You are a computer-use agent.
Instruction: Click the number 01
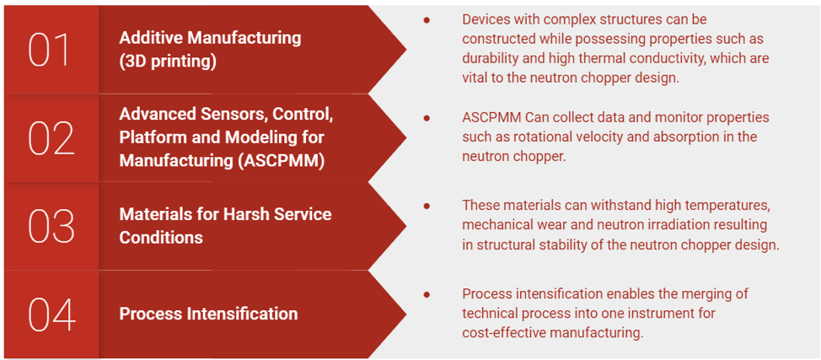tap(51, 51)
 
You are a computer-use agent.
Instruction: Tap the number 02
tap(51, 138)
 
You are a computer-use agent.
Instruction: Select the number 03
tap(51, 226)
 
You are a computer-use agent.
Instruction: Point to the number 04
tap(51, 314)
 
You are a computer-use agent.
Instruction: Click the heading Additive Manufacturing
tap(210, 38)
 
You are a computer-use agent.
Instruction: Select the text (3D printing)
tap(168, 62)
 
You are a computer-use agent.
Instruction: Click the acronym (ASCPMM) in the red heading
tap(279, 160)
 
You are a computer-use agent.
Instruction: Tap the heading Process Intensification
tap(208, 314)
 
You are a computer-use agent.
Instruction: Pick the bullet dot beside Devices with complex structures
tap(427, 19)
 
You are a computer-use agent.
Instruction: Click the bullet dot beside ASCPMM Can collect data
tap(427, 118)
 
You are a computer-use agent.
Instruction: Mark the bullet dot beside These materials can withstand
tap(427, 206)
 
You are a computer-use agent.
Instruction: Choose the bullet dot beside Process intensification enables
tap(427, 294)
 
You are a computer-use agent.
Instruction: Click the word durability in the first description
tap(493, 58)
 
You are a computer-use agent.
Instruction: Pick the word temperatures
tap(727, 206)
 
